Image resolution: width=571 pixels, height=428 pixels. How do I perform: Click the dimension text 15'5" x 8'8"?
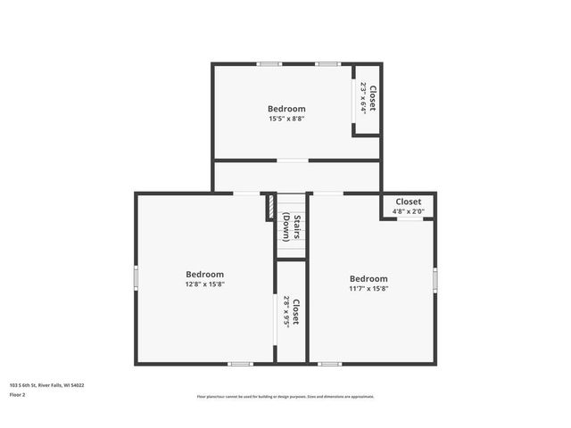tap(286, 119)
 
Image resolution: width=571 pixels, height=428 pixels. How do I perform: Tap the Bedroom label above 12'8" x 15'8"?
tap(204, 275)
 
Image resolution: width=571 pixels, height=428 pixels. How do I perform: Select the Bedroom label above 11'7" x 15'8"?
tap(368, 278)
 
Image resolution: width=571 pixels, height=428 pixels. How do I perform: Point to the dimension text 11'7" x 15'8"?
tap(368, 288)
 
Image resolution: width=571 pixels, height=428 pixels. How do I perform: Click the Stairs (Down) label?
tap(291, 226)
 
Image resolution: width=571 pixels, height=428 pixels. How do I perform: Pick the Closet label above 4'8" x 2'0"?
tap(409, 202)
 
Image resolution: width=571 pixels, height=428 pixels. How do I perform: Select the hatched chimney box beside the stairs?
tap(270, 207)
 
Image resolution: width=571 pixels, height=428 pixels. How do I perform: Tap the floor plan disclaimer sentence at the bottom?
tap(285, 397)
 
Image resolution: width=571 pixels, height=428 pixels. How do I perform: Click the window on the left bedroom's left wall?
tap(136, 278)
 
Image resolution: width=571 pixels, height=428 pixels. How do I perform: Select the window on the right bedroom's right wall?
tap(435, 280)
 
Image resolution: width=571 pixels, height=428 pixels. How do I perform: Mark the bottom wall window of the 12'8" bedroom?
tap(240, 363)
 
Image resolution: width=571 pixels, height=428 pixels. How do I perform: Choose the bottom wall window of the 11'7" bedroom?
tap(329, 363)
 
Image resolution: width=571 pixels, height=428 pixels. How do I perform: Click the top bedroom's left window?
tap(269, 63)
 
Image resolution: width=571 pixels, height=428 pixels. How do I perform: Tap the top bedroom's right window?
tap(327, 63)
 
